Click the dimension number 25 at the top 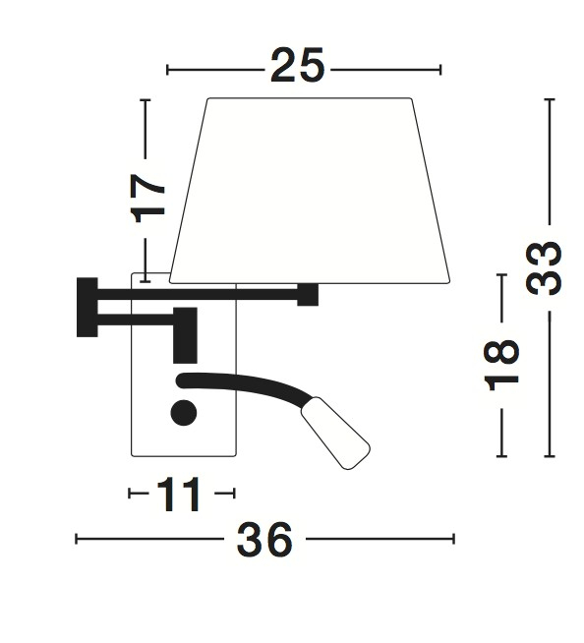297,66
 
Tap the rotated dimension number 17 147,199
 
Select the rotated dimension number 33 544,268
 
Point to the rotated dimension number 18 501,366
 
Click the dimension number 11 178,495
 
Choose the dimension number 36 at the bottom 264,539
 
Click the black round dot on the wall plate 184,413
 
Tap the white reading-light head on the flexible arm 336,433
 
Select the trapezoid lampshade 310,191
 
